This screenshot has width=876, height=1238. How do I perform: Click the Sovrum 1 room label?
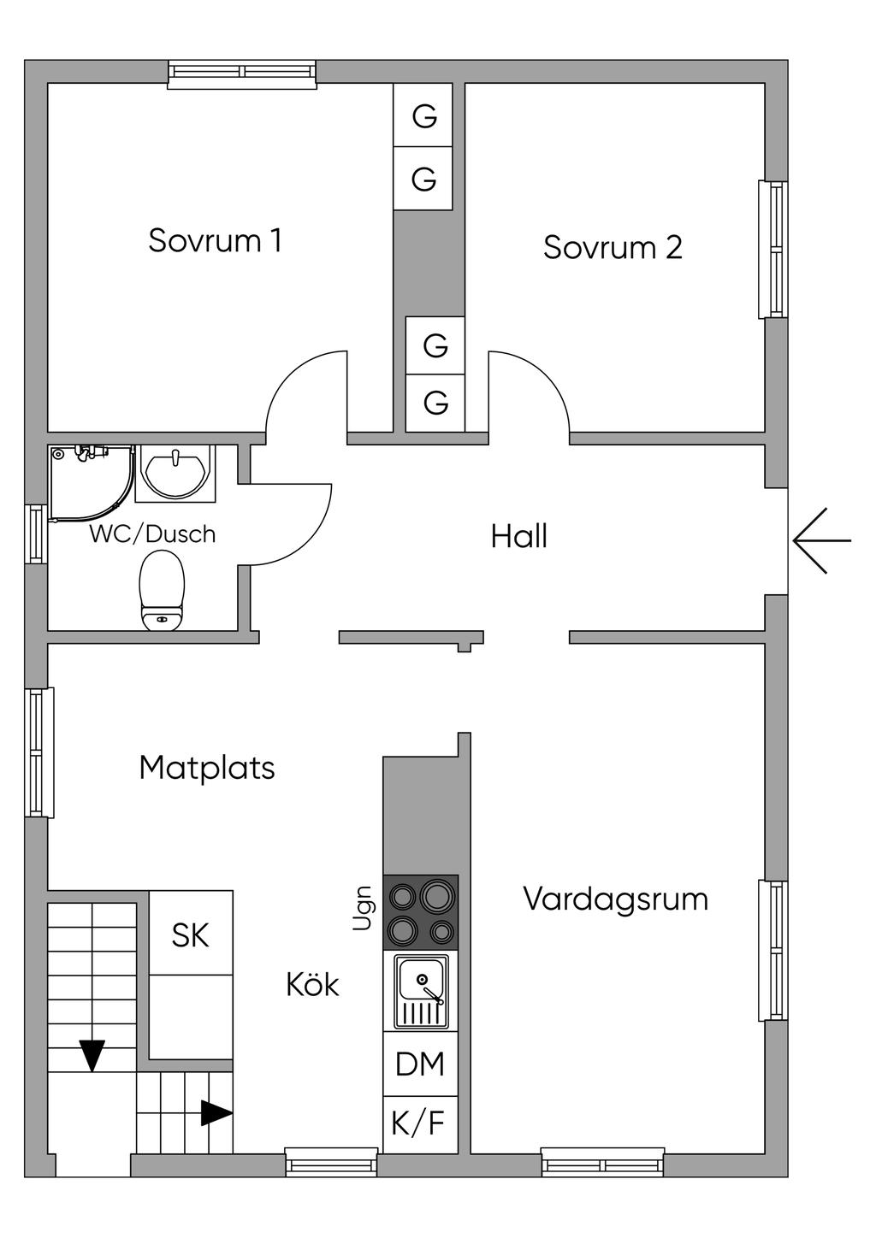(215, 240)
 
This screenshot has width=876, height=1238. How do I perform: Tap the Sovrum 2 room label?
(613, 247)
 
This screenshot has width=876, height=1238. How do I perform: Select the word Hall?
(518, 536)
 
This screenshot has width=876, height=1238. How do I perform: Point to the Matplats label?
(207, 769)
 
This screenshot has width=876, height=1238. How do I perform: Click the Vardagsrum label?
(616, 899)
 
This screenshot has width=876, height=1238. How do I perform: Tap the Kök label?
(312, 984)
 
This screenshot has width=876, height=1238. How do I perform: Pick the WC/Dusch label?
(152, 534)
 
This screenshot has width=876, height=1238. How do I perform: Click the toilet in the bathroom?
(162, 592)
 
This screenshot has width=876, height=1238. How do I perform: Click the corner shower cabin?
(92, 484)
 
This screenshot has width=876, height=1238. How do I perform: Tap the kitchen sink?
(422, 992)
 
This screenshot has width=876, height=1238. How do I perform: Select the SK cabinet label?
(190, 934)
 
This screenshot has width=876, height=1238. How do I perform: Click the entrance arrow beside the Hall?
(822, 540)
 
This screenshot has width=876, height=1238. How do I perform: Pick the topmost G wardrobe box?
(423, 115)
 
